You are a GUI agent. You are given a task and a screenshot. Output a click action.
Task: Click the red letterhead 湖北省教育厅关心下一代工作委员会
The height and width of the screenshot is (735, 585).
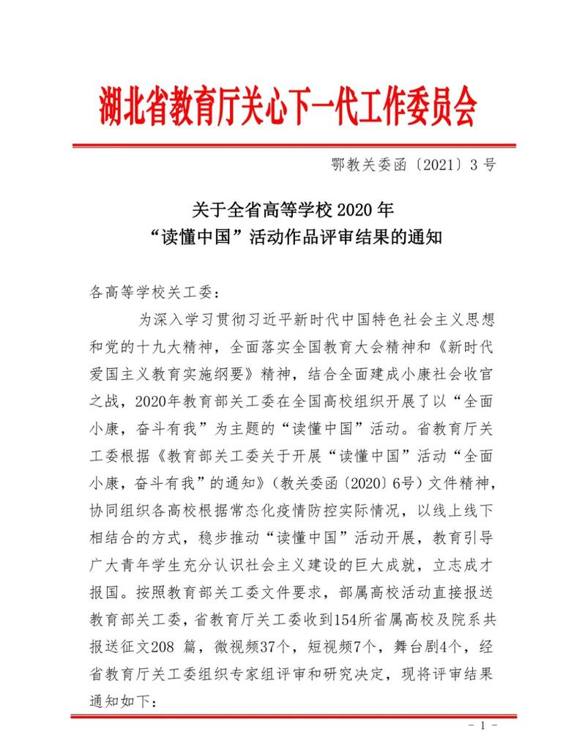point(287,108)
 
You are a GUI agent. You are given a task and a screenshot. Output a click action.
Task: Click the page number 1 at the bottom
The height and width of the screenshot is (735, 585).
point(482,725)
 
